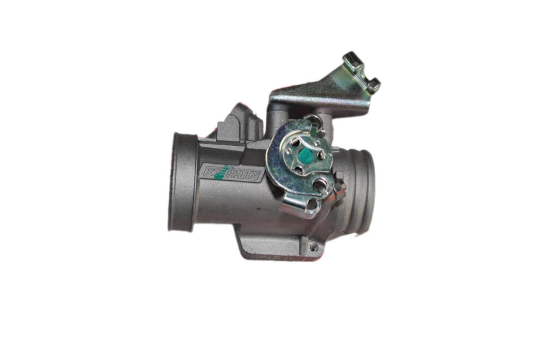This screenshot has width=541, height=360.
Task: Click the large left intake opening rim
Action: (x=178, y=183)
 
